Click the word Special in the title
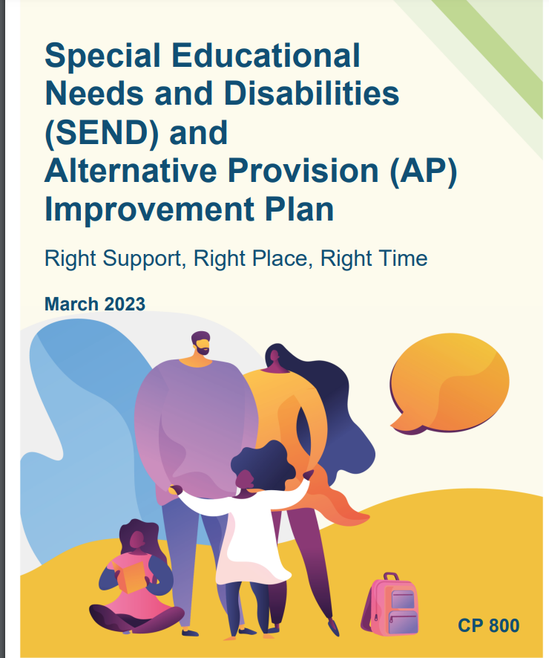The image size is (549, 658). [102, 56]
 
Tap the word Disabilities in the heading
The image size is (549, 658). [312, 93]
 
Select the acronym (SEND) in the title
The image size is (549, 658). [102, 133]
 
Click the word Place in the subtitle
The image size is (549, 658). [280, 258]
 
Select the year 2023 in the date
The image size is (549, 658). [125, 304]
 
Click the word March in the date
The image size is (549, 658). [72, 304]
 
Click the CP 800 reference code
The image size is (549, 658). [489, 625]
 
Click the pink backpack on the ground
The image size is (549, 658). [390, 604]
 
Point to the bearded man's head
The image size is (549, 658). [201, 343]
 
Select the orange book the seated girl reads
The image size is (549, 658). [131, 576]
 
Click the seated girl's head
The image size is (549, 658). [137, 537]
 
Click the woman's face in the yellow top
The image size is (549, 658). [274, 357]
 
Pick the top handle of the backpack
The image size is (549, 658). [391, 576]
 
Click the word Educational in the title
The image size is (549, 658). [266, 56]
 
